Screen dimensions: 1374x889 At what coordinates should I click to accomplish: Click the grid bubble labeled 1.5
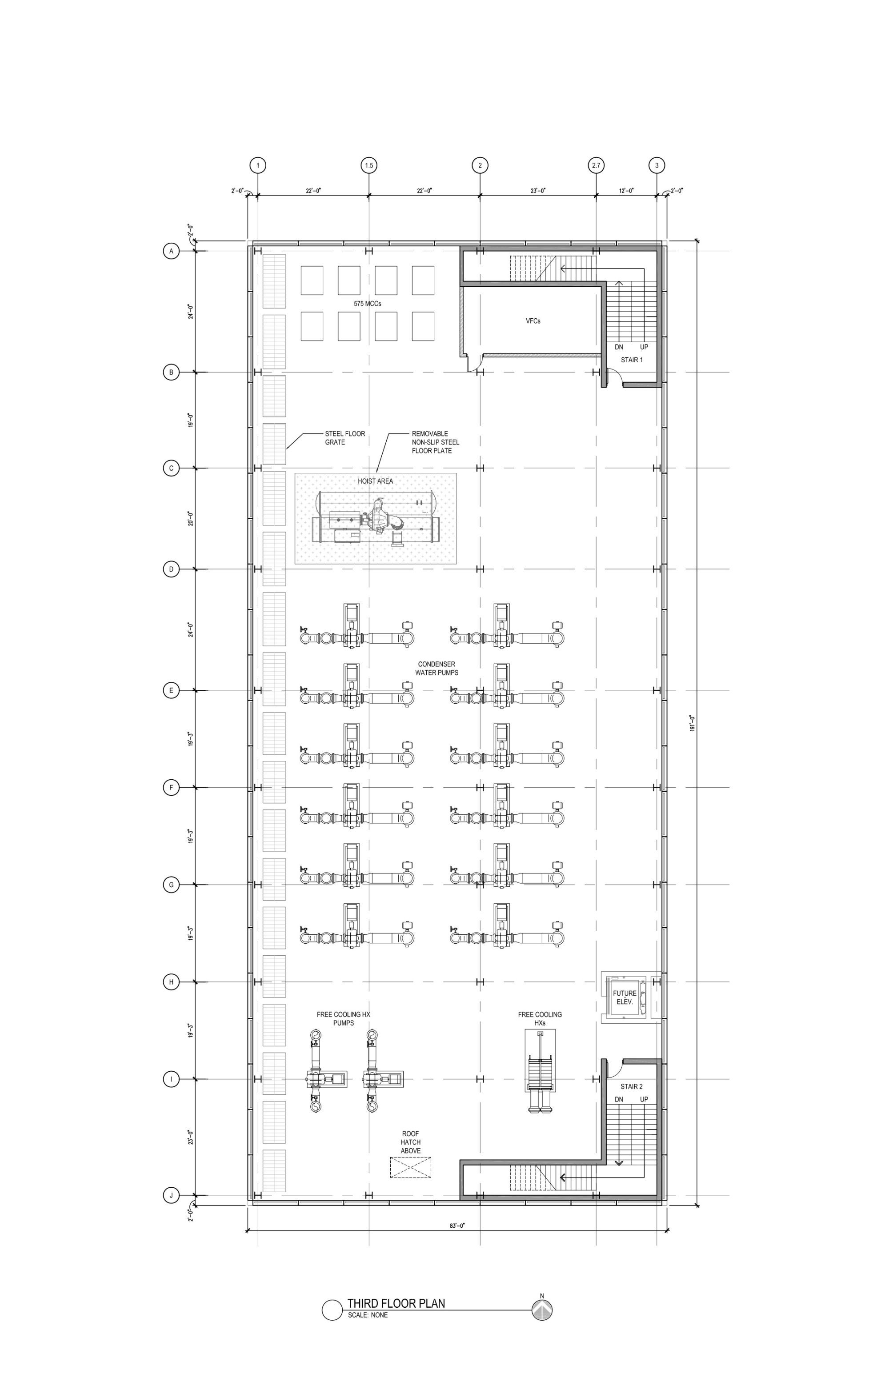(x=369, y=166)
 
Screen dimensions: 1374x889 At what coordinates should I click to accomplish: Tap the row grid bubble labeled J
(x=171, y=1195)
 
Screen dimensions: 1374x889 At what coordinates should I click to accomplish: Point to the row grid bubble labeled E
(x=171, y=690)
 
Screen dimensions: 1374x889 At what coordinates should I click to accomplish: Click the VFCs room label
(x=533, y=321)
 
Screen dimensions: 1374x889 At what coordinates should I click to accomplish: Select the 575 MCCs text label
(x=367, y=304)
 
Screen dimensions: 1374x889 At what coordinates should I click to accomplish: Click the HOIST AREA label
(x=375, y=481)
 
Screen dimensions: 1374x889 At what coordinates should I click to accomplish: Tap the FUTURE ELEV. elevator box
(x=625, y=997)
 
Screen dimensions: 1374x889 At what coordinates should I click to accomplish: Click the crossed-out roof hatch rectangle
(x=410, y=1167)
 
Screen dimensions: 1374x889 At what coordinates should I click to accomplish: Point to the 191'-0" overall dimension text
(x=692, y=723)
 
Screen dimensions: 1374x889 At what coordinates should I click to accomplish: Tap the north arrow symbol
(x=542, y=1310)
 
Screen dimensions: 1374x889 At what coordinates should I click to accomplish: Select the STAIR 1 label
(x=632, y=360)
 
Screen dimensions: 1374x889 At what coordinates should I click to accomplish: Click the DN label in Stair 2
(x=619, y=1100)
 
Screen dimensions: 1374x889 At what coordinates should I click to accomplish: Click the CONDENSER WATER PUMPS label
(x=436, y=669)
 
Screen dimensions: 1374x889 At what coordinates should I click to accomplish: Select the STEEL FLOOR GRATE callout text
(x=344, y=437)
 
